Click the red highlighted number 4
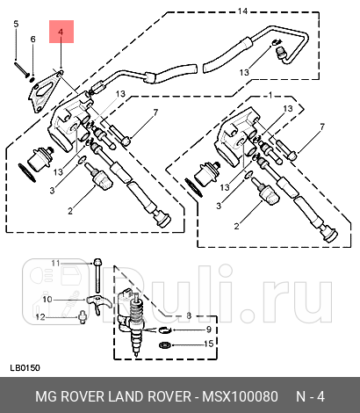tap(61, 34)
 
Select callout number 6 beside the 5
tap(32, 40)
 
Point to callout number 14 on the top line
tap(243, 11)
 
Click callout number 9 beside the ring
tap(208, 330)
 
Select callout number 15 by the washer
tap(208, 344)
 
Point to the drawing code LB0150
tap(23, 367)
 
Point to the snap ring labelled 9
tap(165, 330)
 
